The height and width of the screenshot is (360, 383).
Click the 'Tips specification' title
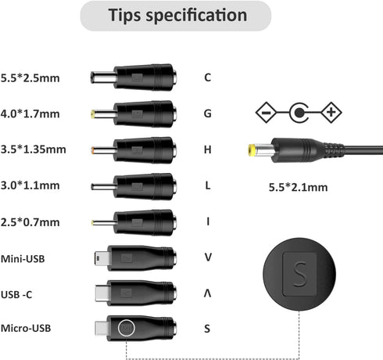177,15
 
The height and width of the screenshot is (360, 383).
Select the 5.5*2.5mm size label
30,78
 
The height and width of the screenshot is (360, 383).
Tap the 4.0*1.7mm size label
30,114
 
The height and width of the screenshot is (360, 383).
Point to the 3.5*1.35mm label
33,149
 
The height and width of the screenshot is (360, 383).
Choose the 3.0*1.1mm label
30,185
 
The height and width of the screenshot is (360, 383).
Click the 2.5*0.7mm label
30,222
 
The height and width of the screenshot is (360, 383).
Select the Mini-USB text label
23,259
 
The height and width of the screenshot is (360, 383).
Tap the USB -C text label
16,294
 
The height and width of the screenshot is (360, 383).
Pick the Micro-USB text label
26,328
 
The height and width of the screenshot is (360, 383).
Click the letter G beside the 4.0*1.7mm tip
207,113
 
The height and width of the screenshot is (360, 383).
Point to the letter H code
207,149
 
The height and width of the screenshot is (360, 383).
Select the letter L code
207,185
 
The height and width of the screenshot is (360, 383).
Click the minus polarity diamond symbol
266,113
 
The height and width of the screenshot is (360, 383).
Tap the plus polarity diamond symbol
331,113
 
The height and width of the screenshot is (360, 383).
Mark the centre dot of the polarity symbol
299,113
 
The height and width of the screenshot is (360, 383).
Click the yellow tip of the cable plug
252,150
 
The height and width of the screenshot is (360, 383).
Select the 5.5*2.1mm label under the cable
298,187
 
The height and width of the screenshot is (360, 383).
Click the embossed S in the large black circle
299,274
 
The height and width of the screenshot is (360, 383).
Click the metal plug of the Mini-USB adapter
101,258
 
